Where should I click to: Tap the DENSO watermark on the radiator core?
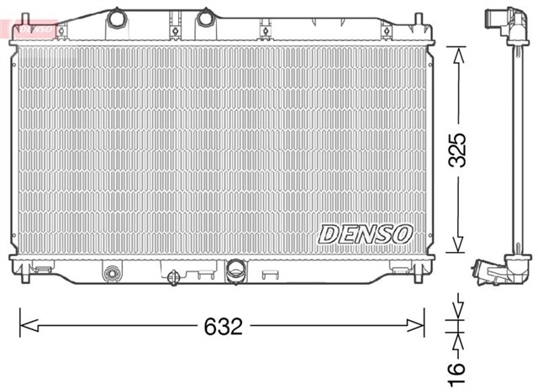click(x=365, y=233)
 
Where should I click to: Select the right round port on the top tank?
click(x=205, y=18)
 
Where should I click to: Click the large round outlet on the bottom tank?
click(x=235, y=271)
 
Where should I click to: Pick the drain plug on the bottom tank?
click(x=173, y=276)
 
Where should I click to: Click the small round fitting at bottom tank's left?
click(x=111, y=273)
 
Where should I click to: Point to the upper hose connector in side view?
click(x=498, y=20)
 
